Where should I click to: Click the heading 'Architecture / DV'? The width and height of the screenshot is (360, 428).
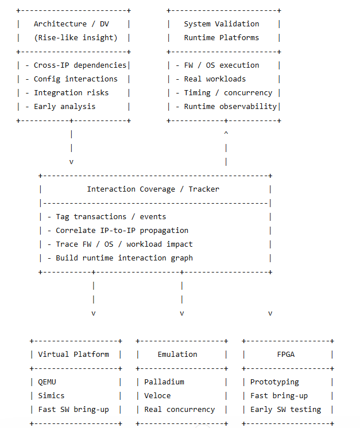[71, 24]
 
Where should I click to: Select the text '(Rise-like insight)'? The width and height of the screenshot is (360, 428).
[76, 38]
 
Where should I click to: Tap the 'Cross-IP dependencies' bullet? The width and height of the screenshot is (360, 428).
[76, 65]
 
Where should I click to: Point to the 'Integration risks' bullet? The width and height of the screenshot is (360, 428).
[67, 93]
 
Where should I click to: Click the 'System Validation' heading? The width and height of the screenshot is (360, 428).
[222, 24]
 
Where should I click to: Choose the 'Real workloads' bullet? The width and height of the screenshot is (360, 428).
[211, 79]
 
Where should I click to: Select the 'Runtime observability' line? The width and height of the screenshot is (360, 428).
[226, 107]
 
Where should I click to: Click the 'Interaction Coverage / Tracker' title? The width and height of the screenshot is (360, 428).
[153, 189]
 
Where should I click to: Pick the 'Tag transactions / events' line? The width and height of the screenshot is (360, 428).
[107, 217]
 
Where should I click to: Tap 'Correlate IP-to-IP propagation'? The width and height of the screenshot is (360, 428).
[118, 231]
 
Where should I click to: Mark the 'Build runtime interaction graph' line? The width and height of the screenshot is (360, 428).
[120, 258]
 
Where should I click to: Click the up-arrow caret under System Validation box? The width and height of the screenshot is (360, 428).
[226, 133]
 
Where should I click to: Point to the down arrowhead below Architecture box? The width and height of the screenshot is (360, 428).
[71, 162]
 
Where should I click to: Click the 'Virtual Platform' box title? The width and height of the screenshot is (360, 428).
[73, 355]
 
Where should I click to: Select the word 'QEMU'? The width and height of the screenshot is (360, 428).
[47, 382]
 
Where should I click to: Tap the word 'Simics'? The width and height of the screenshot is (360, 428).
[51, 396]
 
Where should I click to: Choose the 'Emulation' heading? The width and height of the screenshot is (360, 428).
[177, 355]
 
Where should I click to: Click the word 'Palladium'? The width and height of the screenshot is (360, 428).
[164, 382]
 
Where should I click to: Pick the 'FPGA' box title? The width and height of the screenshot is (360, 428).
[286, 355]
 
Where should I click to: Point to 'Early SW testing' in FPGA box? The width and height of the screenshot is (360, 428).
[286, 410]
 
